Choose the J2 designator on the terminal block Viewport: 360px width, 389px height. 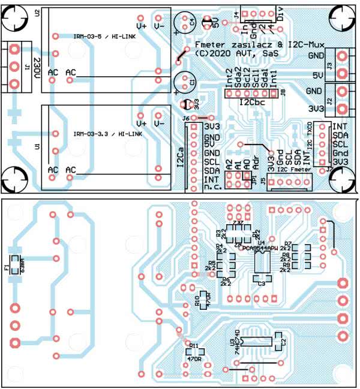[329, 100]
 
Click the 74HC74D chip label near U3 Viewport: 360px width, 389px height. [241, 342]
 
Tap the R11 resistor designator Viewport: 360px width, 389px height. [193, 346]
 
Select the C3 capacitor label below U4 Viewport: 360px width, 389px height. [262, 284]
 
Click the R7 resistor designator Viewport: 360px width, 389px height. [288, 243]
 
